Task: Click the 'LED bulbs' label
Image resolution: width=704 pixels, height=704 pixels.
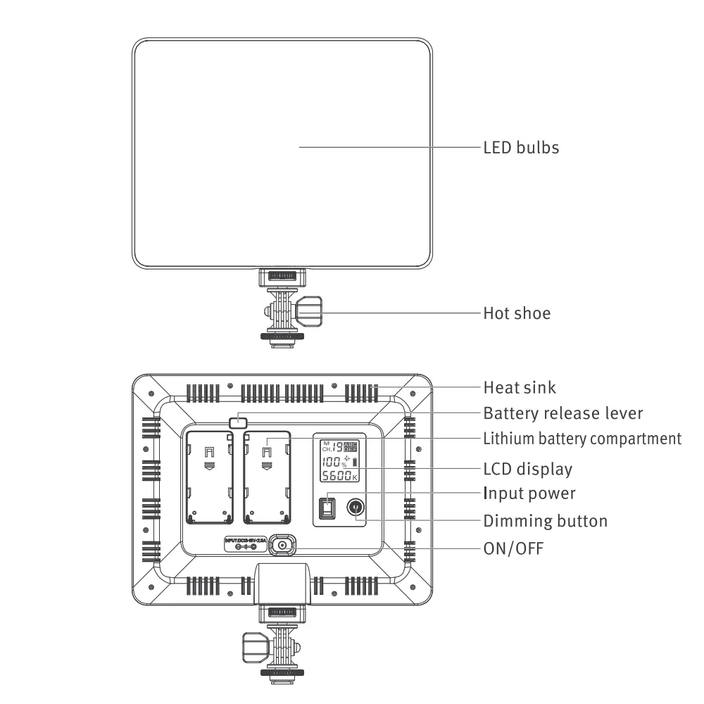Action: click(x=521, y=148)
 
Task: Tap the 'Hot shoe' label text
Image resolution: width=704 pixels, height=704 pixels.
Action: click(x=517, y=313)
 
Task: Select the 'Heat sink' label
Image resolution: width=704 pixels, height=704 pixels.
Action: click(x=520, y=387)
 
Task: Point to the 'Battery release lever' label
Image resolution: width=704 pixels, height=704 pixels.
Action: click(x=562, y=413)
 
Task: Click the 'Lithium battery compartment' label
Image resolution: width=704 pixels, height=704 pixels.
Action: click(x=582, y=439)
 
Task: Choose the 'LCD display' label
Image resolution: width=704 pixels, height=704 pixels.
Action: click(x=527, y=469)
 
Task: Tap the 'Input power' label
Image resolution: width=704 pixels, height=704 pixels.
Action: click(x=529, y=494)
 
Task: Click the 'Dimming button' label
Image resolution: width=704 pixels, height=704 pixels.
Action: click(x=545, y=522)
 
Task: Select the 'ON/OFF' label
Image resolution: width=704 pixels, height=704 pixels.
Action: click(x=513, y=548)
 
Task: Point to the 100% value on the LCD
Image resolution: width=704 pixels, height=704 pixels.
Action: click(x=332, y=462)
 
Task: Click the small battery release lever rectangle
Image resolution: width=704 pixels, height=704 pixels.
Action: click(x=238, y=422)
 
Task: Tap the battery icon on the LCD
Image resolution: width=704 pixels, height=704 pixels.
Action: click(x=354, y=463)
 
